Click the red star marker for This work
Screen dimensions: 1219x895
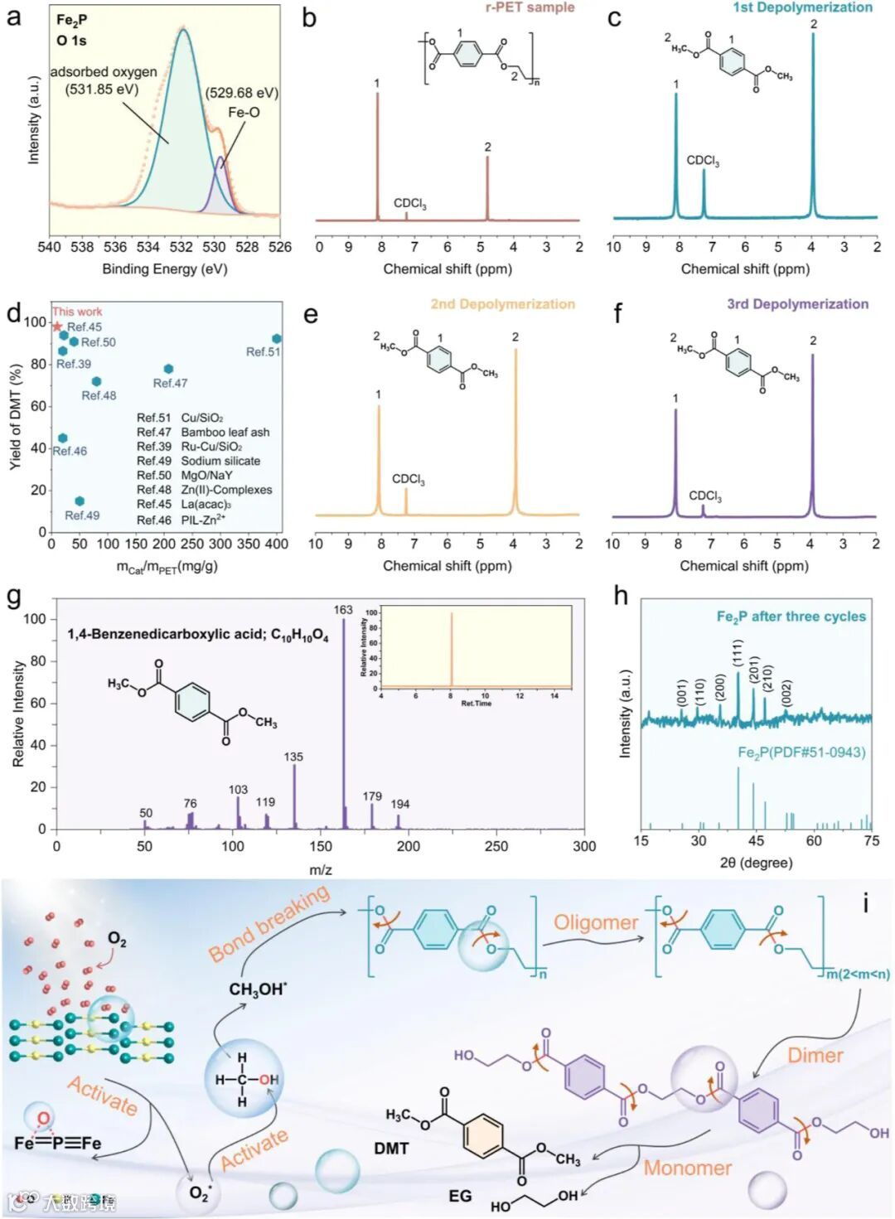57,327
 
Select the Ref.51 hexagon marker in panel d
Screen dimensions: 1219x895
277,339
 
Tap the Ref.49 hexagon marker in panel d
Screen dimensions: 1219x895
80,501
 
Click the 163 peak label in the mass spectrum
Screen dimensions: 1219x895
343,610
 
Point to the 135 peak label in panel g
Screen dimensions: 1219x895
293,757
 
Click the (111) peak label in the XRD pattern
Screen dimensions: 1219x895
738,653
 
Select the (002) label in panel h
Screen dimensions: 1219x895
786,693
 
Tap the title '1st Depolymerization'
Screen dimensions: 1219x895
802,7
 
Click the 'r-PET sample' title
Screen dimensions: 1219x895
530,7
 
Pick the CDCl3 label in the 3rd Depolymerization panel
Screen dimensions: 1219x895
705,496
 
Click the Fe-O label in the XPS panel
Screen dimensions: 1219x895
244,112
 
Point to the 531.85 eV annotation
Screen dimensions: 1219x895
102,89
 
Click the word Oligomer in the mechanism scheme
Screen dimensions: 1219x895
596,922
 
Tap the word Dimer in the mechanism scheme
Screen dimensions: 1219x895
815,1055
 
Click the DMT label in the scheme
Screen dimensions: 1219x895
391,1148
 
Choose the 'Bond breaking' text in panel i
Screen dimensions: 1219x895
269,922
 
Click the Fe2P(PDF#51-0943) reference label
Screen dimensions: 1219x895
801,752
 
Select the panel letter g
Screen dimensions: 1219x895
14,597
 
